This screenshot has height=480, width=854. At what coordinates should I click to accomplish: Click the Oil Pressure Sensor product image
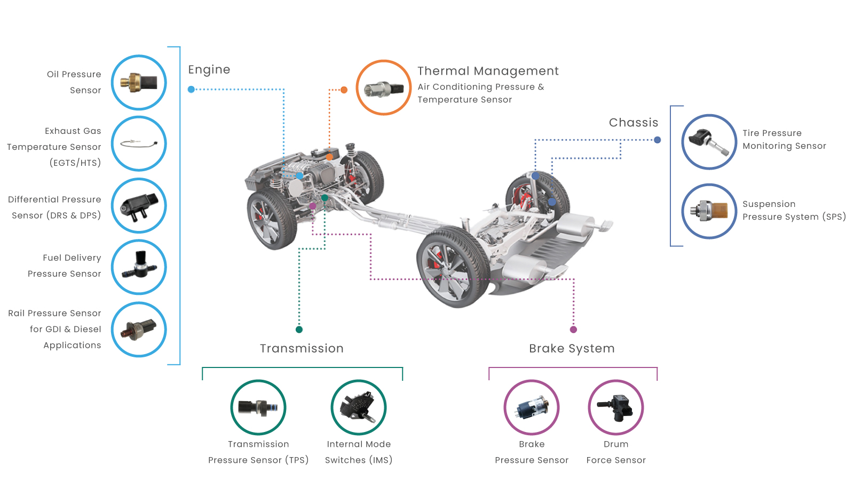click(139, 83)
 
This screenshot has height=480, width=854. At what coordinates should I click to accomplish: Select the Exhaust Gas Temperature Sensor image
click(139, 143)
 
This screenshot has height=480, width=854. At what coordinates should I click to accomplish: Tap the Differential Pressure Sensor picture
click(139, 206)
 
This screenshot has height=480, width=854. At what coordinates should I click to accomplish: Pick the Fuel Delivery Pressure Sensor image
click(139, 267)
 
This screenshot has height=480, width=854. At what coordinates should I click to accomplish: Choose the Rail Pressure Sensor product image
click(139, 330)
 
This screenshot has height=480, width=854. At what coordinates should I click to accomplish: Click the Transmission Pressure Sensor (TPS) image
click(258, 407)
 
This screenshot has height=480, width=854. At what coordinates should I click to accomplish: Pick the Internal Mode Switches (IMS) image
click(358, 407)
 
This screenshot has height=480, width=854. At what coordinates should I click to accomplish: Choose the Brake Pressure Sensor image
click(532, 407)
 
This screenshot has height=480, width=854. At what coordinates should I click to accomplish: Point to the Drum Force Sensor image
click(616, 407)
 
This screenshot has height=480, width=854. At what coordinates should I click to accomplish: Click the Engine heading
click(209, 70)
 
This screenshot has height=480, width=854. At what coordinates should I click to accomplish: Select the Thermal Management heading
click(488, 71)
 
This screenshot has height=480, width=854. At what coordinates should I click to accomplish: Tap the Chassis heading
click(634, 122)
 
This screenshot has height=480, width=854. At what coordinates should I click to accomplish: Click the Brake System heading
click(572, 349)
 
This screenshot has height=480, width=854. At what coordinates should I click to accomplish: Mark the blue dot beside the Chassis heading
click(657, 140)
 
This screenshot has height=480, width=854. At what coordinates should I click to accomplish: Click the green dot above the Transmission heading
click(299, 330)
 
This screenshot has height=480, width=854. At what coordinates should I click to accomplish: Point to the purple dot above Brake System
click(573, 330)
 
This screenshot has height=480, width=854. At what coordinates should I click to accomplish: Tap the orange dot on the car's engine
click(329, 157)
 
